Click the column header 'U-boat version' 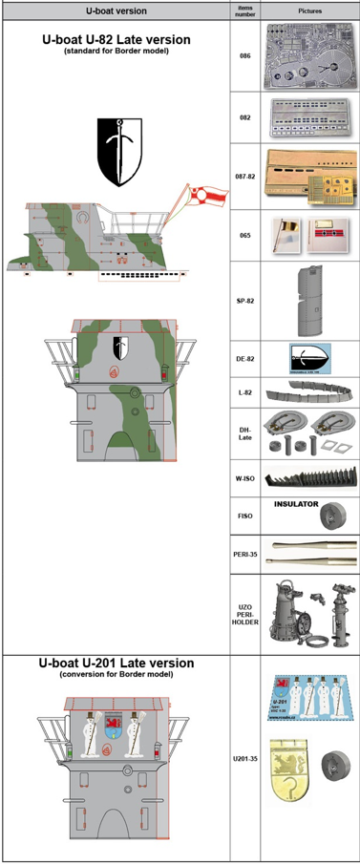[x=116, y=11]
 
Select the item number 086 [x=244, y=57]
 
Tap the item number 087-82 [x=244, y=178]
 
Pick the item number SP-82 [x=244, y=299]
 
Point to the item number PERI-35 [x=244, y=554]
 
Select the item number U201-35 [x=244, y=760]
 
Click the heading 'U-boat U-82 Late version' [x=116, y=40]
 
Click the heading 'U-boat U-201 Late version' [x=116, y=662]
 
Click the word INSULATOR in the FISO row [x=296, y=503]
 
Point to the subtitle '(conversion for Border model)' [x=116, y=674]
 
